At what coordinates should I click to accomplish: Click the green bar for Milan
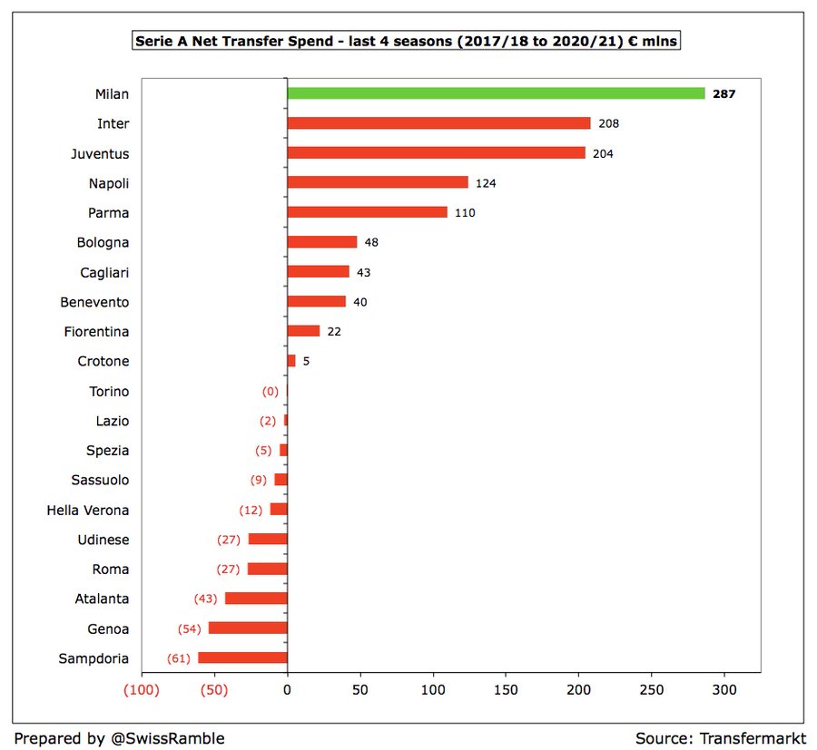(x=496, y=93)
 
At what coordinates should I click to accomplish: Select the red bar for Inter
(x=438, y=123)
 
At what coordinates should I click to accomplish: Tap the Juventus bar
(x=436, y=153)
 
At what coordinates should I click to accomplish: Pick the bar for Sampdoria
(x=242, y=658)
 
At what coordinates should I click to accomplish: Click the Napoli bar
(x=378, y=182)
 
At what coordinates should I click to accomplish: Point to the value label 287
(x=723, y=93)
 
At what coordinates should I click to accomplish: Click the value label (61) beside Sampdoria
(x=180, y=658)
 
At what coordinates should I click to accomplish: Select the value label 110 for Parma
(x=465, y=212)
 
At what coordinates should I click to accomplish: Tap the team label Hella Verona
(x=88, y=510)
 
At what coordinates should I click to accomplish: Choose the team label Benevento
(x=94, y=302)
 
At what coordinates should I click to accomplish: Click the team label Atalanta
(x=102, y=599)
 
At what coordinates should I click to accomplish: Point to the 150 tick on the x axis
(x=506, y=688)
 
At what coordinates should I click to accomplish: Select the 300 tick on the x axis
(x=724, y=688)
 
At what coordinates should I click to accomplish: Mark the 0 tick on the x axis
(x=287, y=688)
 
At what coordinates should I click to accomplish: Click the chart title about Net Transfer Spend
(x=407, y=41)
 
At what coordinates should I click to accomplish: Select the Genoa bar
(x=248, y=628)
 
